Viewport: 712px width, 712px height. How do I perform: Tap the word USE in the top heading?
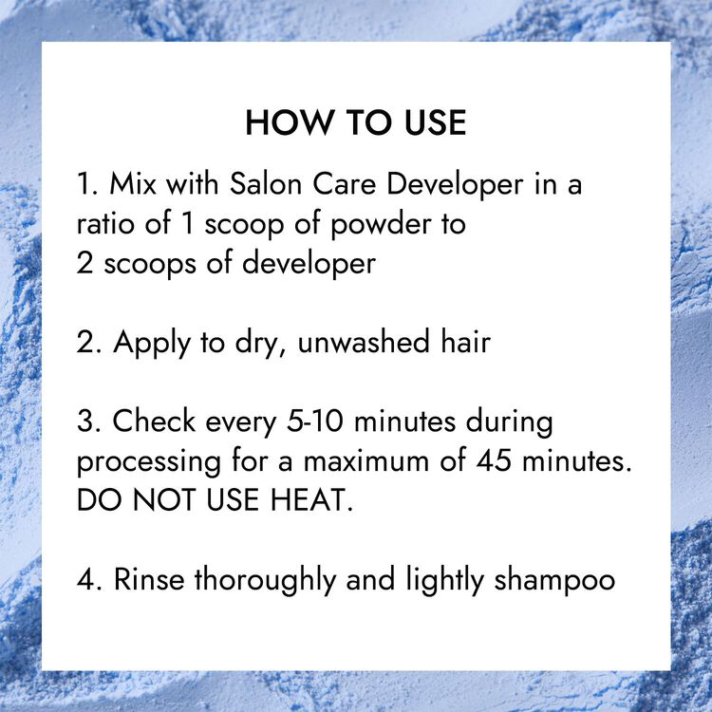pos(436,122)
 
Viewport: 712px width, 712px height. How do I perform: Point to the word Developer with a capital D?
pos(456,186)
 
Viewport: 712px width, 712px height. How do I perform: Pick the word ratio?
pos(105,224)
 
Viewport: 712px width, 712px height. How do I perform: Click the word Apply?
pos(151,344)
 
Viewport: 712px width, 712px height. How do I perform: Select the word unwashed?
pos(364,342)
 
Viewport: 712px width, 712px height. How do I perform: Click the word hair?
pos(465,342)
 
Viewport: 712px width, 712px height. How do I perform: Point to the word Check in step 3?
pos(154,421)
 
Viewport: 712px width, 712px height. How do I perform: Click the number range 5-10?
pos(314,421)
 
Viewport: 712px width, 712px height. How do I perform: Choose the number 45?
pos(494,460)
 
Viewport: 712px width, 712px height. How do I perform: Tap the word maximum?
pos(366,460)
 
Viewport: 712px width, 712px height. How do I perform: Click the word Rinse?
pos(149,579)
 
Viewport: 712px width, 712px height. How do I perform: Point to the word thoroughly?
pos(265,581)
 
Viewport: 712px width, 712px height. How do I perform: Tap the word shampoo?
pos(554,581)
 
